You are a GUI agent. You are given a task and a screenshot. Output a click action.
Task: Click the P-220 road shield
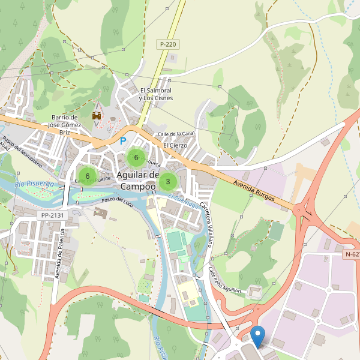click(x=168, y=44)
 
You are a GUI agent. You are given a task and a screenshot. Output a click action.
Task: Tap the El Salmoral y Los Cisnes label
click(x=155, y=94)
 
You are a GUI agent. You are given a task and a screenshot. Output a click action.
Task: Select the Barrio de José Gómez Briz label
click(x=65, y=125)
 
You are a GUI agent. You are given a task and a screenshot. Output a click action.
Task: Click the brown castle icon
click(x=96, y=115)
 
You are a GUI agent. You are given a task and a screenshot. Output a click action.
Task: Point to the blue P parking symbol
click(x=123, y=142)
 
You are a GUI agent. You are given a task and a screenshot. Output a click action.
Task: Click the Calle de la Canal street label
click(x=176, y=134)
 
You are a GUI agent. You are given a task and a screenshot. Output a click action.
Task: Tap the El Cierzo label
click(x=175, y=145)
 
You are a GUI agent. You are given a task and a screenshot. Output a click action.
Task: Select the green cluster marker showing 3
click(x=167, y=181)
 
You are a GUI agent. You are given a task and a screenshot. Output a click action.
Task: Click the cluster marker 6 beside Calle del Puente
click(x=88, y=176)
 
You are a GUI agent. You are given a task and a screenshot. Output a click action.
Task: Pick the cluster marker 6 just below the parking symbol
click(x=136, y=158)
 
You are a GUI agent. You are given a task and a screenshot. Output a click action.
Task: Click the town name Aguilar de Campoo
click(x=137, y=181)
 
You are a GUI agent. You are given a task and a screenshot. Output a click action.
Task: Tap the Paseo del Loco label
click(x=116, y=200)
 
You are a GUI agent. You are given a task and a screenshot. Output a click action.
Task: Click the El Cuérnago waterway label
click(x=183, y=200)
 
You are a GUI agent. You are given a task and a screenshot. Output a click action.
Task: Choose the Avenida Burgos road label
click(x=254, y=190)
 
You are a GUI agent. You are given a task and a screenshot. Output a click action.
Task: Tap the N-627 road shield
click(x=352, y=254)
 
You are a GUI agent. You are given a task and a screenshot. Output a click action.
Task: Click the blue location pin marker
click(x=258, y=336)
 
